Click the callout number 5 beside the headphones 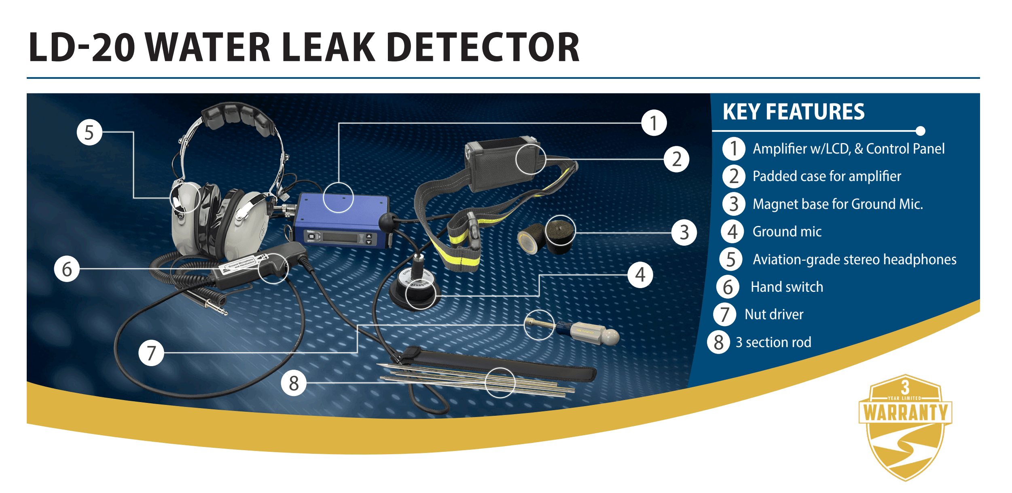pos(89,133)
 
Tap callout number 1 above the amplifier pos(654,123)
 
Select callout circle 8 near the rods pos(294,383)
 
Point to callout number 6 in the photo pos(67,269)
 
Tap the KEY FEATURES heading pos(793,112)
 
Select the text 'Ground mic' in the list pos(787,232)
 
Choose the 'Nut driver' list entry pos(774,314)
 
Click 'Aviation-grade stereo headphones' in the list pos(854,259)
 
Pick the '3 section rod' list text pos(773,342)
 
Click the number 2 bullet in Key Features pos(734,177)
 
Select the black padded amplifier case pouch pos(502,164)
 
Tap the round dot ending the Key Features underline pos(920,131)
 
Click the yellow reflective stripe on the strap pos(465,259)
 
